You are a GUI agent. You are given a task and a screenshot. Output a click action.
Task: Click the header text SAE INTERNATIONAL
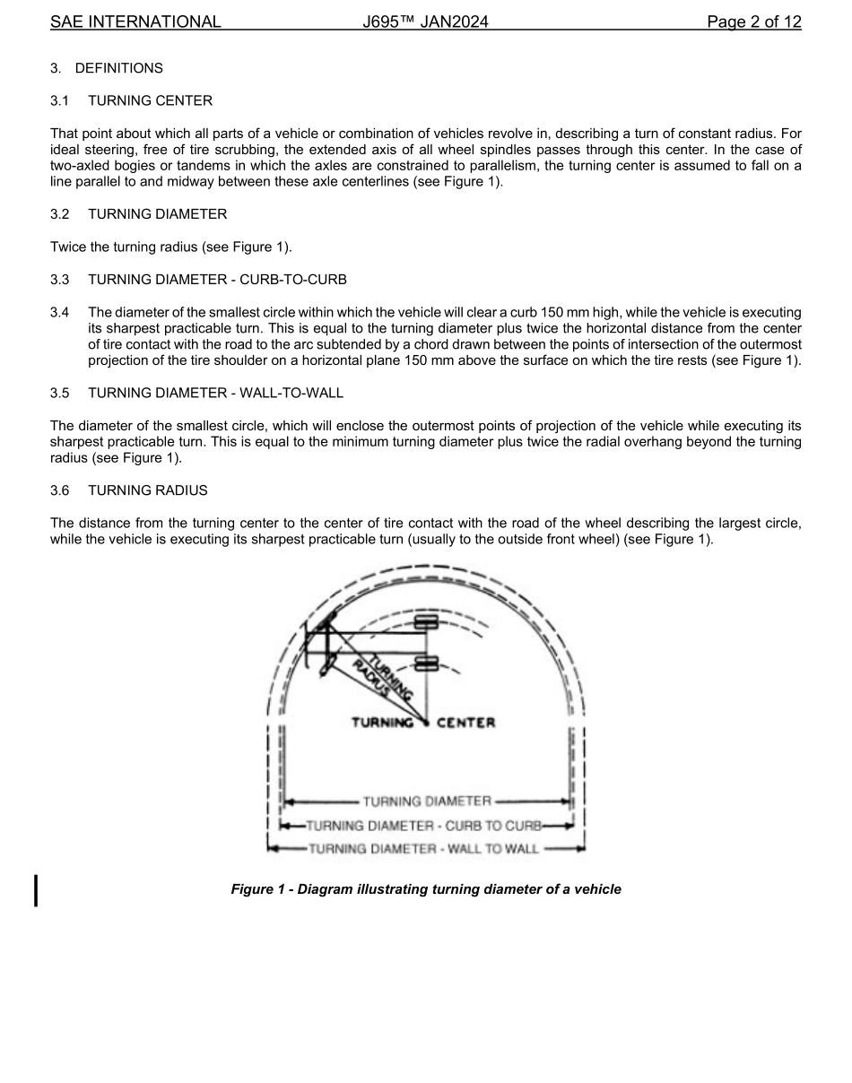click(x=135, y=22)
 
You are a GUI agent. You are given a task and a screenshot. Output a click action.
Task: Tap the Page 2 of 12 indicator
click(x=753, y=22)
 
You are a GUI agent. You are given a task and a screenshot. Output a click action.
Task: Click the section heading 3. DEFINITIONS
click(x=107, y=68)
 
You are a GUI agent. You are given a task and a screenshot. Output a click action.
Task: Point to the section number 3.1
click(x=60, y=100)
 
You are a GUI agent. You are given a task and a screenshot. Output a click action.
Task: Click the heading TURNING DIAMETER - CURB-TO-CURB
click(x=217, y=280)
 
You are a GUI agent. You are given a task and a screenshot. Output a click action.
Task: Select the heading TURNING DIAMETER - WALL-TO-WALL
click(x=215, y=393)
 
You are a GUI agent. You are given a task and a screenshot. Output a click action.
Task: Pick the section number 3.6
click(x=60, y=490)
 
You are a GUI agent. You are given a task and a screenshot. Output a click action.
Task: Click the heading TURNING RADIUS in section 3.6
click(x=147, y=490)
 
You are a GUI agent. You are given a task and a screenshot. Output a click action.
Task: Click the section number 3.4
click(x=60, y=312)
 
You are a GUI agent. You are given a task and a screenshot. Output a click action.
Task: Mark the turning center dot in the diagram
click(x=426, y=721)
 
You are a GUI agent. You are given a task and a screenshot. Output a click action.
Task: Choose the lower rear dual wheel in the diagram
click(x=426, y=663)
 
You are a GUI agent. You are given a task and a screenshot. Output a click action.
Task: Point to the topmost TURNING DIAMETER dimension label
click(x=427, y=801)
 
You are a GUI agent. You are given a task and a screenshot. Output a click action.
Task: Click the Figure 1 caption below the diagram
click(x=426, y=889)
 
